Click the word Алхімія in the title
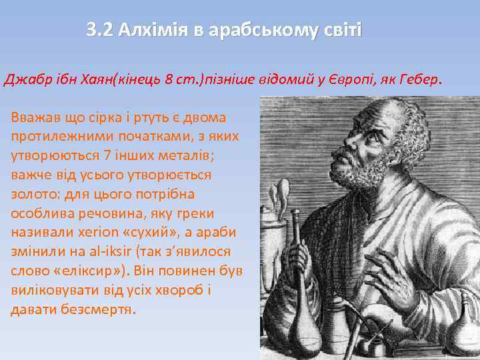(x=146, y=31)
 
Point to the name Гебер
(x=418, y=81)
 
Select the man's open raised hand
(x=400, y=273)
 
